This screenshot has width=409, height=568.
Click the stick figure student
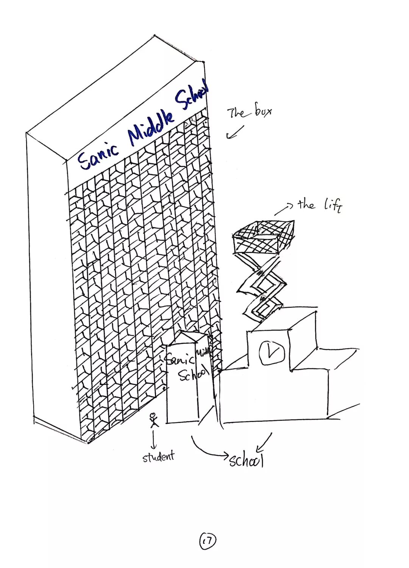pos(153,420)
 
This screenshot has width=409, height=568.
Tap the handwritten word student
pos(159,456)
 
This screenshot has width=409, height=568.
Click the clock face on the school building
pos(272,352)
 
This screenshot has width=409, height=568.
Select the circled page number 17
pos(207,541)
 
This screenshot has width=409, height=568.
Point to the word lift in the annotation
pos(333,205)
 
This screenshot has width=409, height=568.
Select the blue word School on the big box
pos(192,95)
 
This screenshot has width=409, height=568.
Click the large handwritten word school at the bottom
pos(246,460)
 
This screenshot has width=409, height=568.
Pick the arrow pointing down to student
pos(153,440)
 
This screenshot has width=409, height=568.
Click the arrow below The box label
pos(234,132)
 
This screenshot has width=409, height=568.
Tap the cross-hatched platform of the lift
pos(264,237)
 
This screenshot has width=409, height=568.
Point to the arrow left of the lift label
pos(284,209)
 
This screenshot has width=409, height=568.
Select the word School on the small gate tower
pos(193,375)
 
